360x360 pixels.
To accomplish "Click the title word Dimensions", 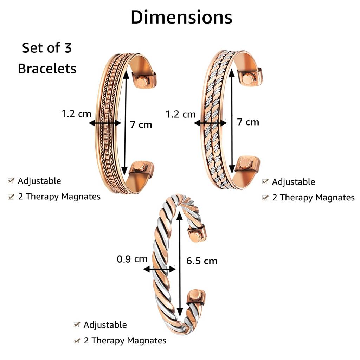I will [181, 17].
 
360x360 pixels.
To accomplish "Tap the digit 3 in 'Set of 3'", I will [68, 48].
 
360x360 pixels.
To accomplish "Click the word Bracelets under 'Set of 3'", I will [47, 68].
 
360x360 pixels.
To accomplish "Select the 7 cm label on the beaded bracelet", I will [141, 124].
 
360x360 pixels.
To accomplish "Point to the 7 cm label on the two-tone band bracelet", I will [248, 122].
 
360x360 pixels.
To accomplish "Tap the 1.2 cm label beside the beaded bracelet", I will [76, 114].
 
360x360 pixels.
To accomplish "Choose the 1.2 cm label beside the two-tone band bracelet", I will [181, 114].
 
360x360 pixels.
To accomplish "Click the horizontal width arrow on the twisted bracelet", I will [160, 270].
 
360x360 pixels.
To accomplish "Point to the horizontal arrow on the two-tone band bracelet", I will [210, 123].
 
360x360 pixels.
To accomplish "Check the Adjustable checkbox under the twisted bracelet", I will [77, 325].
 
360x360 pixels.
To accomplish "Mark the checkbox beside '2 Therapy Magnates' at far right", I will [265, 198].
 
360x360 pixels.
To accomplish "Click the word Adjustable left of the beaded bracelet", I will [39, 181].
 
